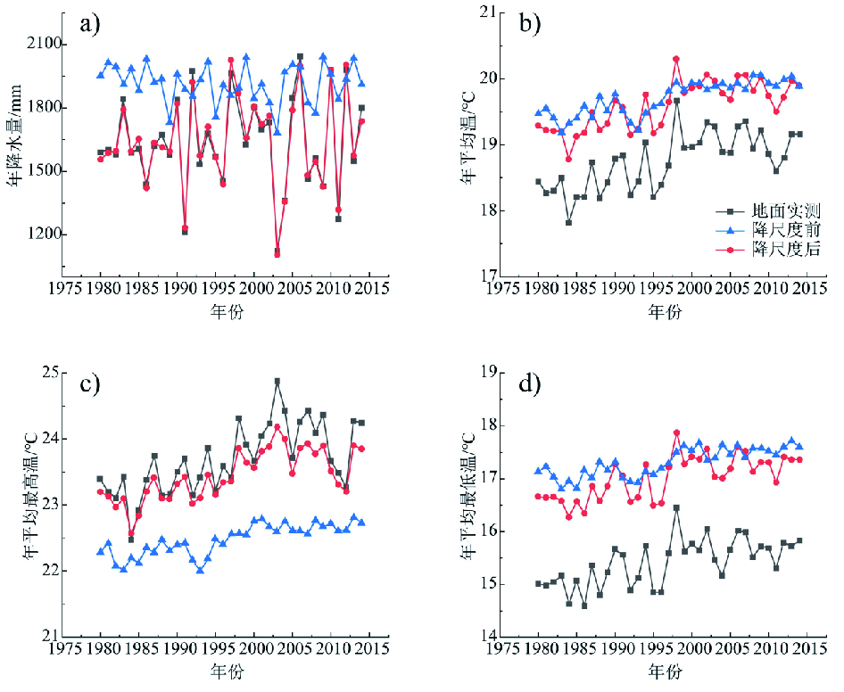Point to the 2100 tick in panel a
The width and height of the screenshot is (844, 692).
coord(42,45)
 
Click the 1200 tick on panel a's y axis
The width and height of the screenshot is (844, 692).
coord(42,235)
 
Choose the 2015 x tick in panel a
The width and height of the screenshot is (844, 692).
coord(368,290)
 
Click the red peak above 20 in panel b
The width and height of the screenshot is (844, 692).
coord(676,59)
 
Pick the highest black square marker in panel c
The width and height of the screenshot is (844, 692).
coord(277,382)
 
